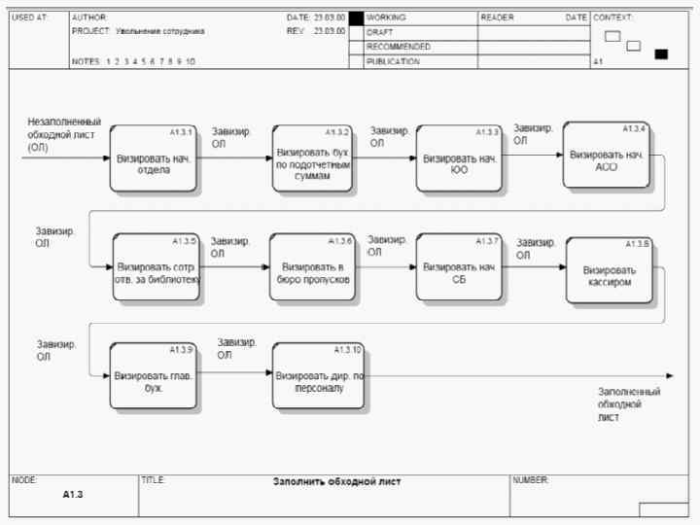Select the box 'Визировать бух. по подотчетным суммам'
[311, 157]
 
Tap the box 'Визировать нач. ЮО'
[459, 157]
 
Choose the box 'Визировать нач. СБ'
[459, 266]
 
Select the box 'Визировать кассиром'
[609, 270]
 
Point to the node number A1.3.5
[184, 240]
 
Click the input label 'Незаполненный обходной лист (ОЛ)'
[64, 134]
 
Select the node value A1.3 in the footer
[74, 495]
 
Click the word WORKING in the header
[386, 17]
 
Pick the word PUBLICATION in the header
[393, 61]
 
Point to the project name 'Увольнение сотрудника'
[159, 31]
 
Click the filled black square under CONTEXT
[661, 53]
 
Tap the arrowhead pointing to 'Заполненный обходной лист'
[668, 375]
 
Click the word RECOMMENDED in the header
[398, 47]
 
